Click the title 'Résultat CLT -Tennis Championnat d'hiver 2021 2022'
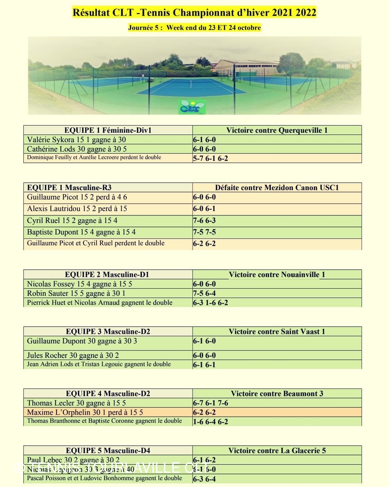point(194,12)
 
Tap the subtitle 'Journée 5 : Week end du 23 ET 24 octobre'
point(194,28)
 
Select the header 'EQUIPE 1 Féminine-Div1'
point(108,130)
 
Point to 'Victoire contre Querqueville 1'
point(277,130)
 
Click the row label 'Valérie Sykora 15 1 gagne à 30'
point(76,140)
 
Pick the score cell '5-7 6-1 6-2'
point(210,158)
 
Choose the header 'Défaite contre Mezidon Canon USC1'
point(277,187)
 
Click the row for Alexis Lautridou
point(77,209)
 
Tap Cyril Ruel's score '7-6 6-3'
point(204,221)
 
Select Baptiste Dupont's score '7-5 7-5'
point(204,233)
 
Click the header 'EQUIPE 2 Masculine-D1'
point(108,274)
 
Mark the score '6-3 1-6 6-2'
point(210,302)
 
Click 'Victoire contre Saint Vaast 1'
point(277,331)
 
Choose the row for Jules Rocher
point(73,355)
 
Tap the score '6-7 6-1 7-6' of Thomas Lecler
point(210,403)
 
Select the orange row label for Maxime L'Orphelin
point(85,412)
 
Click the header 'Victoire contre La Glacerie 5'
point(277,450)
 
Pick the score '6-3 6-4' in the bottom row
point(204,479)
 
